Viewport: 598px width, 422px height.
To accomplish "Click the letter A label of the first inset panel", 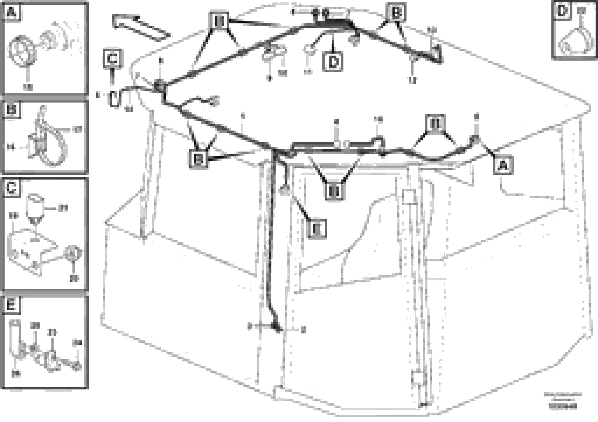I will pyautogui.click(x=12, y=12).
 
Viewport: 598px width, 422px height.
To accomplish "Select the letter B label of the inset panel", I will pyautogui.click(x=12, y=110).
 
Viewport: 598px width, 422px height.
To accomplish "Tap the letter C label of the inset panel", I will pyautogui.click(x=12, y=188).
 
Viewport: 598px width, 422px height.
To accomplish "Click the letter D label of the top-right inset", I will pyautogui.click(x=562, y=11).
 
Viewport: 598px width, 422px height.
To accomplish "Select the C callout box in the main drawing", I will pyautogui.click(x=112, y=59).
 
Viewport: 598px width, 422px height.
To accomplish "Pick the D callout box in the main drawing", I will pyautogui.click(x=333, y=62).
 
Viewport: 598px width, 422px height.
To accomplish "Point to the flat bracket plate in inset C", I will pyautogui.click(x=31, y=247).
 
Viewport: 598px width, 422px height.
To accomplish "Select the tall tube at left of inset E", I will pyautogui.click(x=15, y=336).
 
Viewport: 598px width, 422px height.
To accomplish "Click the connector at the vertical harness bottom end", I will pyautogui.click(x=276, y=328).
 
